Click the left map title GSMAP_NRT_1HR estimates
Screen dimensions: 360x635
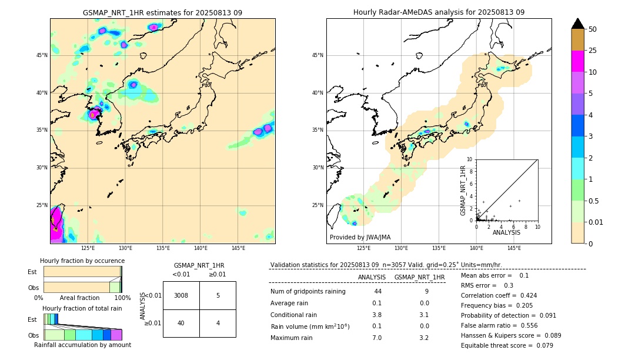[162, 12]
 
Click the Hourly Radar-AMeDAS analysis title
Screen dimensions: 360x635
[439, 12]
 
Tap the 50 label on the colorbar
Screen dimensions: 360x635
[593, 29]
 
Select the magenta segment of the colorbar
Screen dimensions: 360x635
[578, 61]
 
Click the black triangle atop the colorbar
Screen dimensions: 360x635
[578, 24]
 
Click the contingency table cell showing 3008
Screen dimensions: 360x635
[181, 295]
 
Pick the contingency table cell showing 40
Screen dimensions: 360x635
[181, 323]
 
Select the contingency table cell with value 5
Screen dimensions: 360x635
[218, 295]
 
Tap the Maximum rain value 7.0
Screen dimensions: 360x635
[377, 338]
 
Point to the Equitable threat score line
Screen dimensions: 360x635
[507, 345]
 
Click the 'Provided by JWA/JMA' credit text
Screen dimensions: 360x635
[360, 237]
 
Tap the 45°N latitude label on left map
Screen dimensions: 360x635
[42, 55]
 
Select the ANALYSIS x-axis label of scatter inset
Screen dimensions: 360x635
[506, 232]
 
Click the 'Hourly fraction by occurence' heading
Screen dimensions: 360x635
[82, 261]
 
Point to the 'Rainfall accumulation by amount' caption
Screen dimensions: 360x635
[82, 345]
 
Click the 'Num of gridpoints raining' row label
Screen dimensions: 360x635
[308, 292]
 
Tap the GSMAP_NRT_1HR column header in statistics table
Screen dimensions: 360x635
[419, 277]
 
